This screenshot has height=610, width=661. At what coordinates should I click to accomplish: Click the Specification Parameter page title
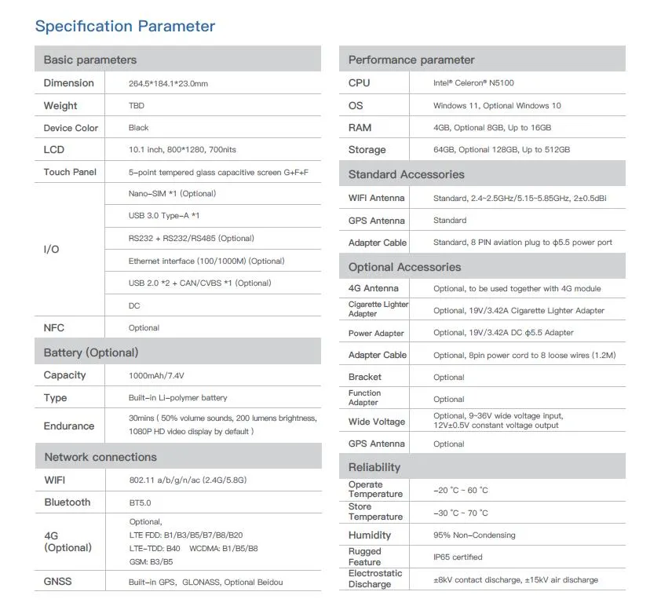125,27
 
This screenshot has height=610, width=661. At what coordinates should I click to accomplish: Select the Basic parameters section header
89,60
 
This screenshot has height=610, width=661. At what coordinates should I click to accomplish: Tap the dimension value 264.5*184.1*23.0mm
168,83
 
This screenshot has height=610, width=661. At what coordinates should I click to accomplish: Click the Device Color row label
71,128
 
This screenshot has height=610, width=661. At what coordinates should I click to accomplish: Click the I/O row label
51,250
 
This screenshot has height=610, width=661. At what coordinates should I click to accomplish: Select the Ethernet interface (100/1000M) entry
206,261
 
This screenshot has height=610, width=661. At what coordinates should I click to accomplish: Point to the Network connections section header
100,457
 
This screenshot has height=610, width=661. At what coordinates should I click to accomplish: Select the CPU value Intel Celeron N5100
473,83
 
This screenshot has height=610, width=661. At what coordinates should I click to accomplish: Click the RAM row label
360,128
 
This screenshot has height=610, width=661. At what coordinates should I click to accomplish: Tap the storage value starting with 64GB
501,150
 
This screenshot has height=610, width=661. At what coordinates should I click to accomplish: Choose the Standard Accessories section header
406,174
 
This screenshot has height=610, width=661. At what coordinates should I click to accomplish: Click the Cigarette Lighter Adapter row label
378,309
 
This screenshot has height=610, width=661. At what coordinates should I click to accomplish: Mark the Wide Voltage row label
377,422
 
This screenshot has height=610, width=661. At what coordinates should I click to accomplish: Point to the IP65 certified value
458,557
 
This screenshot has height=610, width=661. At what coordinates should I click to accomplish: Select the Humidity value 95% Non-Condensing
474,535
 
